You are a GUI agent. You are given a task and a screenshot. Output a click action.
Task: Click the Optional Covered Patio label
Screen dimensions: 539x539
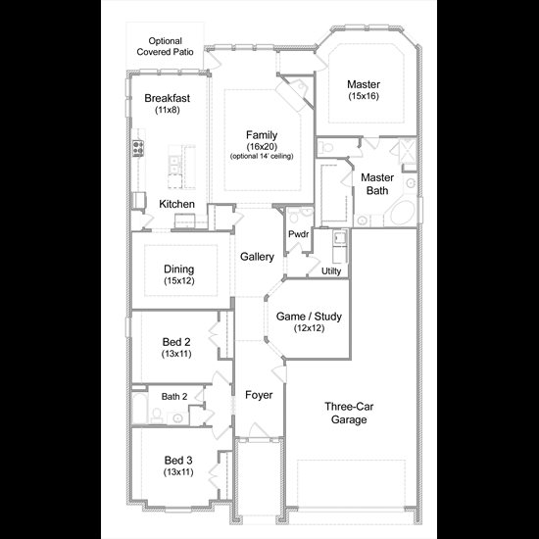coord(165,46)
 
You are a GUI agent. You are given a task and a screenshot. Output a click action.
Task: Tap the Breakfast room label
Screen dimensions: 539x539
coord(167,98)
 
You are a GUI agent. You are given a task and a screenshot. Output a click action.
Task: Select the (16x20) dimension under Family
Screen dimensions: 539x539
coord(262,147)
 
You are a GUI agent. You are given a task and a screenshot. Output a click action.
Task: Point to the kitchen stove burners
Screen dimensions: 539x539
coord(138,149)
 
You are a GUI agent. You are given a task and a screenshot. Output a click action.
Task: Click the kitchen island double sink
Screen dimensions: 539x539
coord(174,166)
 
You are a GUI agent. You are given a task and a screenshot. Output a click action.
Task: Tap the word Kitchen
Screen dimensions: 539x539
coord(176,204)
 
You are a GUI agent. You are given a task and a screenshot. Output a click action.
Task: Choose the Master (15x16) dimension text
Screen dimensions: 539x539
coord(364,96)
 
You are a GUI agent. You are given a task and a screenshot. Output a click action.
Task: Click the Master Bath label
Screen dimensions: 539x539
coord(377,184)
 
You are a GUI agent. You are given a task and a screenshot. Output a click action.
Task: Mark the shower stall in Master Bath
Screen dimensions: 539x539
coord(408,151)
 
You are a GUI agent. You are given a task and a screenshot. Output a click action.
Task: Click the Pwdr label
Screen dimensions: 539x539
coord(298,234)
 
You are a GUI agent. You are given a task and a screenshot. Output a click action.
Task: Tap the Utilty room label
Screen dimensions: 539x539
coord(331,271)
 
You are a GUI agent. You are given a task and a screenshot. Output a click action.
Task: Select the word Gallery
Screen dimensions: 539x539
coord(257,257)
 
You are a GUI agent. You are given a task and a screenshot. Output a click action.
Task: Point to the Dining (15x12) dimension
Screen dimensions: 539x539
coord(179,281)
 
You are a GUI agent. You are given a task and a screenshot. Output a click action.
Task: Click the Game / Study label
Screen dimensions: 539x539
coord(309,317)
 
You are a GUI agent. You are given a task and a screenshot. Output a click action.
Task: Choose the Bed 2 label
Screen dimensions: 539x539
coord(176,342)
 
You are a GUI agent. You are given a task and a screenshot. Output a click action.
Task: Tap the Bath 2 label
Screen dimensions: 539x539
coord(174,396)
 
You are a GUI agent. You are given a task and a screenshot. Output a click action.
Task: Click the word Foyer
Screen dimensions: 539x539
coord(259,395)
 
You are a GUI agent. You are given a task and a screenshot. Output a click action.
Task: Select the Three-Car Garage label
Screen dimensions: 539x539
coord(349,413)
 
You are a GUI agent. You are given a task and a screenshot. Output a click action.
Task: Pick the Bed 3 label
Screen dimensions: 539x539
coord(178,460)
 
